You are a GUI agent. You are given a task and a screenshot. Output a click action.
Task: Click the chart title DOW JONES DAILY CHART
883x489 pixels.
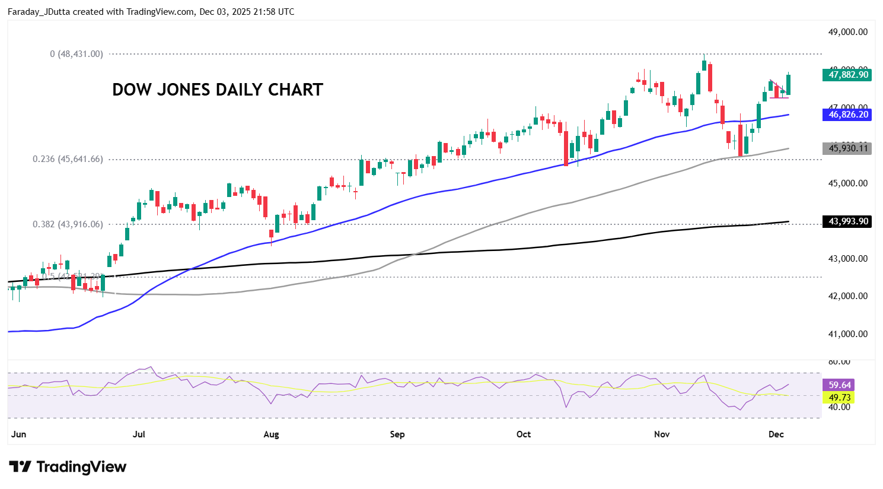coord(218,90)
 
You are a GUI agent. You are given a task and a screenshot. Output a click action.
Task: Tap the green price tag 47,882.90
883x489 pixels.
coord(847,75)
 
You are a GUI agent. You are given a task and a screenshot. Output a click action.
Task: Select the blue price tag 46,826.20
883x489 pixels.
coord(847,115)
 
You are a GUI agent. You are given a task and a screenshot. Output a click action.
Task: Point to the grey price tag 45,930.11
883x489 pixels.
coord(847,148)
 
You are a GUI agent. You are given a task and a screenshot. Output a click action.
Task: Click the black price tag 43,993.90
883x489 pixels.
coord(847,221)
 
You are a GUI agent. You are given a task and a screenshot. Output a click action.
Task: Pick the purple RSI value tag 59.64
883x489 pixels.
coord(839,385)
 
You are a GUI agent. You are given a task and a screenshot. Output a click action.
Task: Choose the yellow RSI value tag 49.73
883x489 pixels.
coord(839,398)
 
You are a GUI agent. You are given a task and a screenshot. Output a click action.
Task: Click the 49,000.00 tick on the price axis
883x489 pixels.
coord(847,32)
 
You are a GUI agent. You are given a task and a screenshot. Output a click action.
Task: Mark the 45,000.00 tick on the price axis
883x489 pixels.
coord(847,183)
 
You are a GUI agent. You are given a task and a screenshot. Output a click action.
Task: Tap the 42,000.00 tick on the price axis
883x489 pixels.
coord(847,296)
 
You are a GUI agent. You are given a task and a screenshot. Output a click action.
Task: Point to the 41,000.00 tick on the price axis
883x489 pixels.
coord(847,334)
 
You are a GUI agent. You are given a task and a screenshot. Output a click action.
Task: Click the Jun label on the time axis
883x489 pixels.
coord(18,434)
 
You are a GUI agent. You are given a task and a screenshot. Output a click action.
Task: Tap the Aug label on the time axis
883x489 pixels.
coord(271,434)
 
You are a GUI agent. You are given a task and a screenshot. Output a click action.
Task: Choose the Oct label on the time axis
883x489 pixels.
coord(524,434)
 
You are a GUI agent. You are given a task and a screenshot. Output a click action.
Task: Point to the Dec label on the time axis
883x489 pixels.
coord(776,434)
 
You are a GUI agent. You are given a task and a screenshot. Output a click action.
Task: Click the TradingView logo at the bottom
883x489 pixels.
coord(68,467)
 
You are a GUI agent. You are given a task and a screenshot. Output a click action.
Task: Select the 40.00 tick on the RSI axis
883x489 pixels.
coord(839,407)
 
